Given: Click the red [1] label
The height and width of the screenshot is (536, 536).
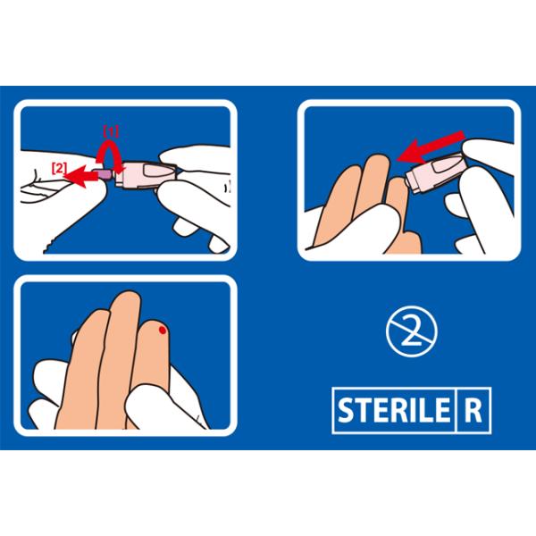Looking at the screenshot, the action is pos(111,131).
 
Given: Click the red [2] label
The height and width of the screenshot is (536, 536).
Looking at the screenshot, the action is pos(59,168).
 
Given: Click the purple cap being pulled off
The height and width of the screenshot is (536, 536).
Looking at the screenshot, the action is pos(105,175).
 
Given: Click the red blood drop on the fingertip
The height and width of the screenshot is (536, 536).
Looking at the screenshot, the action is pos(163,330).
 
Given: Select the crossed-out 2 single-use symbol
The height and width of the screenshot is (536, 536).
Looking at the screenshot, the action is pos(412,331).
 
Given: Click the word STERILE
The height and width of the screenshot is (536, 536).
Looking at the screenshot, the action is pos(393,410).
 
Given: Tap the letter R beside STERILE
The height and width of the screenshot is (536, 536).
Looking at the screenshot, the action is pos(473,410).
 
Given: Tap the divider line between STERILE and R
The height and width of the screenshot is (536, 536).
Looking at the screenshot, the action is pos(456,410).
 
